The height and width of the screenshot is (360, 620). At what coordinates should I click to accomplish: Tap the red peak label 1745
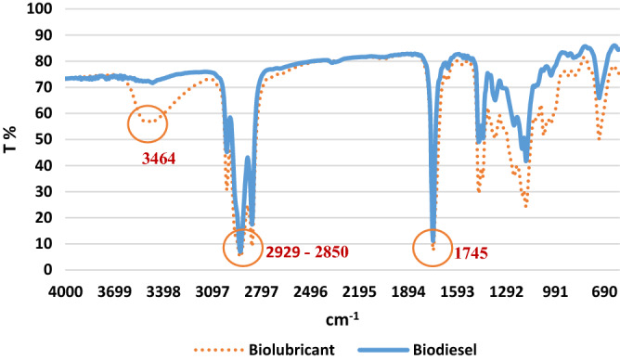(471, 252)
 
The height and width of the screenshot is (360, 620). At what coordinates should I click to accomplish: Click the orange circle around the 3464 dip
(149, 122)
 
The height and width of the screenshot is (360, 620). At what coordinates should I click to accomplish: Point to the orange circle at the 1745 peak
(433, 248)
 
